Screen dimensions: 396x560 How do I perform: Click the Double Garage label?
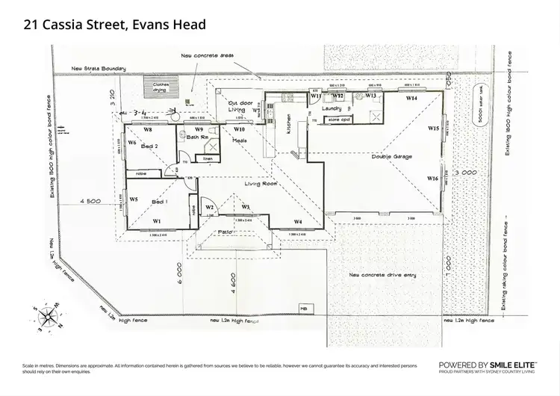click(x=391, y=157)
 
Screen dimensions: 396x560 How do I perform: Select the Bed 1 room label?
click(x=160, y=202)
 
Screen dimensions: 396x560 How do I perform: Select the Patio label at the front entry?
click(x=226, y=232)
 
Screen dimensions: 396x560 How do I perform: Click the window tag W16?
click(x=432, y=179)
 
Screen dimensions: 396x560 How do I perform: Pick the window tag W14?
click(x=411, y=98)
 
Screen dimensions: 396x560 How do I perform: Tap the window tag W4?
click(x=297, y=222)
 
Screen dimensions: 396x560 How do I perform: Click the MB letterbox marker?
click(x=304, y=308)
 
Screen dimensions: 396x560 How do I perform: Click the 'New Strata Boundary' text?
click(x=99, y=69)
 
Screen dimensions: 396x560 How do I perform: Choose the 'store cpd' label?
click(x=339, y=119)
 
